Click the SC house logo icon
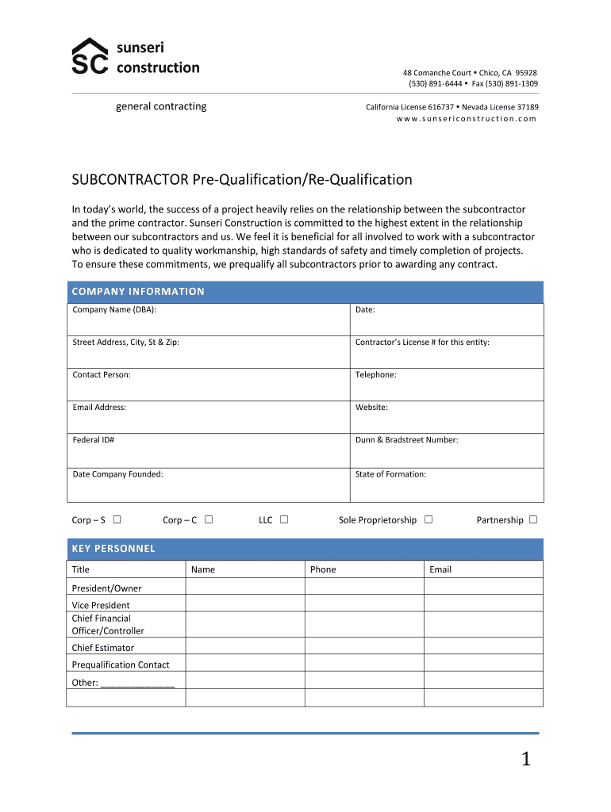tap(90, 57)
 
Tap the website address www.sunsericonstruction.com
tap(467, 119)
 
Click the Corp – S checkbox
tap(117, 520)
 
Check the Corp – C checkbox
tap(208, 520)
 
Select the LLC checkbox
tap(283, 520)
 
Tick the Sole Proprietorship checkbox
tap(428, 520)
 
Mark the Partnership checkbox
tap(533, 520)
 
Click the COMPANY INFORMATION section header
tap(138, 292)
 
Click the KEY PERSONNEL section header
tap(113, 549)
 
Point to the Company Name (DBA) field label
tap(120, 310)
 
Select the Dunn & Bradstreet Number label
tap(406, 440)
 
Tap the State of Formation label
tap(390, 474)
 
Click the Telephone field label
tap(375, 375)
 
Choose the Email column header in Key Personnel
tap(440, 569)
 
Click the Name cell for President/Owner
tap(245, 588)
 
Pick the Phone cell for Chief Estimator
tap(364, 647)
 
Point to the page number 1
tap(525, 760)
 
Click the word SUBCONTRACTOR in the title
tap(130, 180)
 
